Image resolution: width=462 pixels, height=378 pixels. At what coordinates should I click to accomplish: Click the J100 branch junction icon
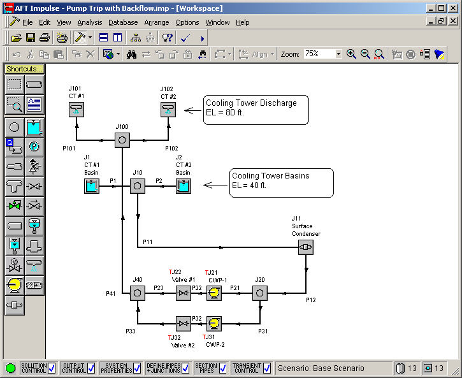click(x=122, y=140)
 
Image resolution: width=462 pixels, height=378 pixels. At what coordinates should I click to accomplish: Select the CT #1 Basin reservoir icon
click(x=92, y=186)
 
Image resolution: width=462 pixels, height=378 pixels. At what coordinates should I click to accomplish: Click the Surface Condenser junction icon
click(x=305, y=247)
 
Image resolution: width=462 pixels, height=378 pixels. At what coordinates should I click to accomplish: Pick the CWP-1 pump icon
click(x=214, y=293)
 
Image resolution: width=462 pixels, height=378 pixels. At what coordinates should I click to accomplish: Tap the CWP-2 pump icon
click(x=214, y=324)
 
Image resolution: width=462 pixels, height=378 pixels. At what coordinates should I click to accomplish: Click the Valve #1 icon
click(x=184, y=293)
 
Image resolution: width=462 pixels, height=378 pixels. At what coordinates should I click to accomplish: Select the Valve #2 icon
click(x=184, y=324)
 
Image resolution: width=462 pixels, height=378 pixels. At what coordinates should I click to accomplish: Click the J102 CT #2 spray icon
click(x=168, y=110)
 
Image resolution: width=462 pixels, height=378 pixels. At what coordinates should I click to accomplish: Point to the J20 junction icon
click(x=260, y=293)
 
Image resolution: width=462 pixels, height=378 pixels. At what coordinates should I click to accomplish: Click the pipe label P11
click(x=148, y=242)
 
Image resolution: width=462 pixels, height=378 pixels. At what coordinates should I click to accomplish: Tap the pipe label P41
click(x=111, y=293)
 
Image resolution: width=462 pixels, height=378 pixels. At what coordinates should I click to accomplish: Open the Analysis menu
click(x=90, y=22)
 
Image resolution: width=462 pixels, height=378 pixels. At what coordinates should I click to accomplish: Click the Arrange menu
click(x=157, y=22)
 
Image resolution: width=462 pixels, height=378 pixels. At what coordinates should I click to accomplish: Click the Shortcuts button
click(x=24, y=69)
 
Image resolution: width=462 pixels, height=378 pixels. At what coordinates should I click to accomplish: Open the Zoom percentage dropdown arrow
click(x=338, y=54)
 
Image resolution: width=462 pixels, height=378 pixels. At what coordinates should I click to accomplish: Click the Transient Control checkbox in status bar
click(x=266, y=368)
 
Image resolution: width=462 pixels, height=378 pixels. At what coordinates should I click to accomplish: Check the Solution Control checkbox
click(x=52, y=368)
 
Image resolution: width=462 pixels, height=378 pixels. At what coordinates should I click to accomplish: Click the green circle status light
click(x=11, y=368)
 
